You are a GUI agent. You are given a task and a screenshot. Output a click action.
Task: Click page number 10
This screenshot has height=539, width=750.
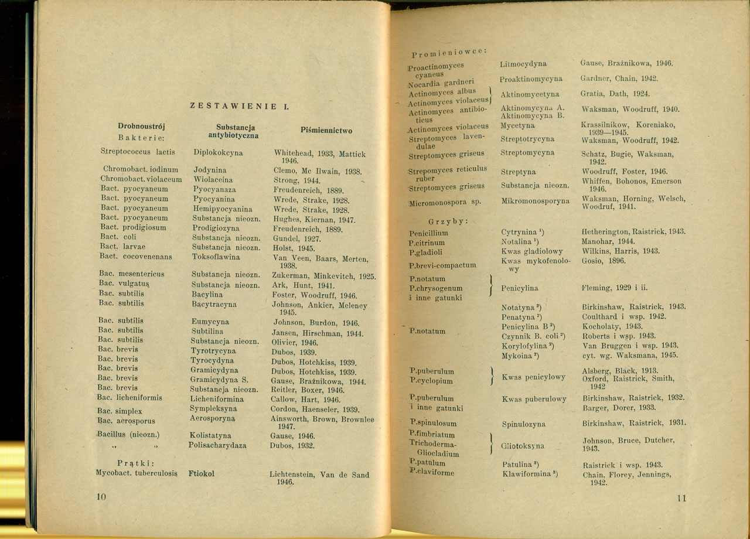pyautogui.click(x=100, y=497)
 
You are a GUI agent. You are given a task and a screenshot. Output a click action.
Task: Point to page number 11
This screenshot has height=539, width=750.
pyautogui.click(x=680, y=499)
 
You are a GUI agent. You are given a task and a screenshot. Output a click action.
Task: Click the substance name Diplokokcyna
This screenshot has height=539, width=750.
pyautogui.click(x=218, y=152)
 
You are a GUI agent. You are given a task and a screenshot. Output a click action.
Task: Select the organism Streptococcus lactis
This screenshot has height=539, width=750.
pyautogui.click(x=138, y=152)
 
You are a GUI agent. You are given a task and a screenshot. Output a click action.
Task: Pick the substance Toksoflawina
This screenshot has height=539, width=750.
pyautogui.click(x=216, y=257)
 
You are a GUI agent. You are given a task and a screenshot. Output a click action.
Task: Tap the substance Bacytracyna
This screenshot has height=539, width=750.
pyautogui.click(x=214, y=305)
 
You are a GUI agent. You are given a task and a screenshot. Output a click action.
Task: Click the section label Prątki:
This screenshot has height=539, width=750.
pyautogui.click(x=135, y=462)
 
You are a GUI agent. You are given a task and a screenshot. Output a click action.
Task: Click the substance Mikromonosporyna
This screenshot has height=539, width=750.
pyautogui.click(x=536, y=200)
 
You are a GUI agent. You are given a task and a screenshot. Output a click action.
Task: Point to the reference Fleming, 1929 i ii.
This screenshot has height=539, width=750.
pyautogui.click(x=615, y=288)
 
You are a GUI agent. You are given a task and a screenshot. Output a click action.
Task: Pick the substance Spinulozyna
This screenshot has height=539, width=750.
pyautogui.click(x=523, y=424)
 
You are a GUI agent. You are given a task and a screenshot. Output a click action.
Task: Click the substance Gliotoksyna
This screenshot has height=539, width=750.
pyautogui.click(x=522, y=446)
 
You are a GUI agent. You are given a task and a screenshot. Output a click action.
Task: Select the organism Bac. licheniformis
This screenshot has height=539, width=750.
pyautogui.click(x=129, y=398)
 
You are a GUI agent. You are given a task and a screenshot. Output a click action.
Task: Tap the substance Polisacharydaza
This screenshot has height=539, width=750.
pyautogui.click(x=217, y=445)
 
